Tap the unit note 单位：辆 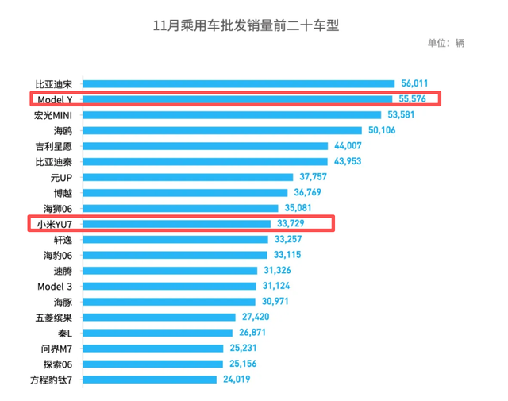coord(445,44)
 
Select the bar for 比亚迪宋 coord(238,83)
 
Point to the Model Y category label coord(55,99)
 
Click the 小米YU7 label coord(55,224)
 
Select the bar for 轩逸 coord(175,239)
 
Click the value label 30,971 coord(278,302)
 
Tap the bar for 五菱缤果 coord(160,317)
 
